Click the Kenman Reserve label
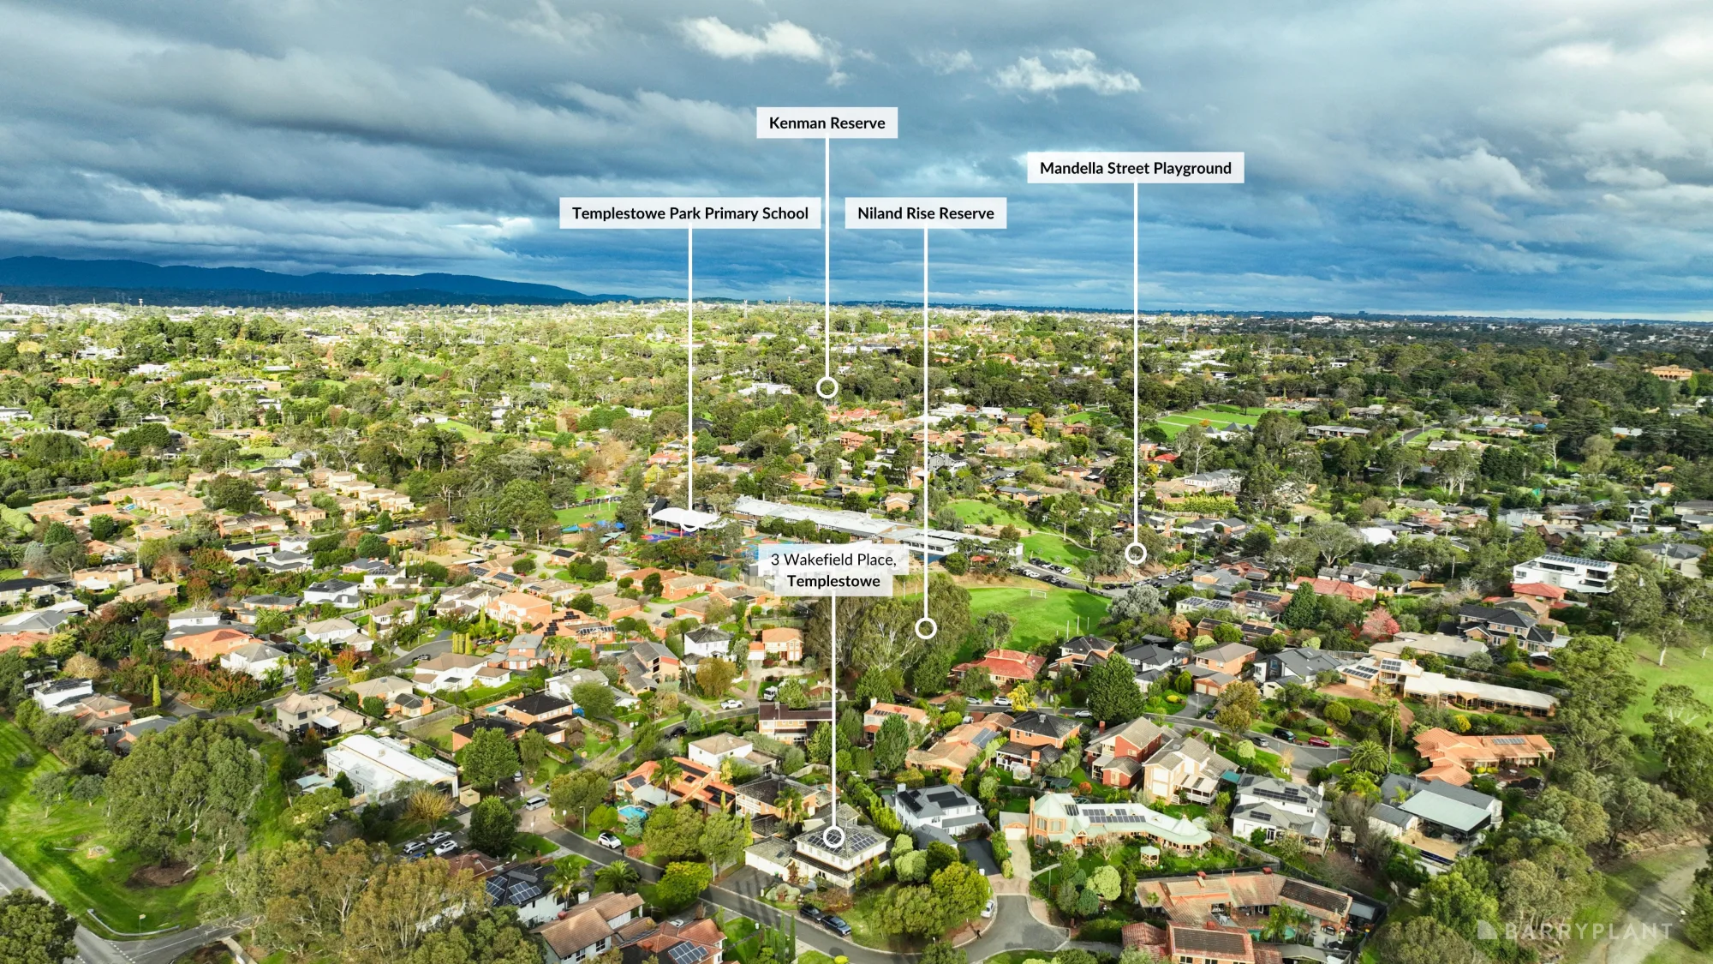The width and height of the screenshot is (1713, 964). click(x=827, y=123)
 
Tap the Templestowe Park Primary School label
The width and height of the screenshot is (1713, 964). click(x=690, y=213)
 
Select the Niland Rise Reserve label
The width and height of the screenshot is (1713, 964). click(x=926, y=213)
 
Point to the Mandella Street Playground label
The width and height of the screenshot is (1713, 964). click(x=1136, y=168)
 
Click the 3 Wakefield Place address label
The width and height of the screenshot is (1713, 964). click(x=833, y=570)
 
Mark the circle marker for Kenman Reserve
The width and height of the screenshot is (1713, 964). click(x=827, y=388)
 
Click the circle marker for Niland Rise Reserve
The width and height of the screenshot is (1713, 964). click(x=926, y=629)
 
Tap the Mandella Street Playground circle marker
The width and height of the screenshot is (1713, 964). click(x=1136, y=554)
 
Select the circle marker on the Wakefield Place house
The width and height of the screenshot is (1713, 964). click(x=833, y=837)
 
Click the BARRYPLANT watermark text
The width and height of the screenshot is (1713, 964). click(x=1587, y=931)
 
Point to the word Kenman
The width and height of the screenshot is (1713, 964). click(x=797, y=123)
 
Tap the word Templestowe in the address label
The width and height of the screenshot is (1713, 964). click(x=833, y=581)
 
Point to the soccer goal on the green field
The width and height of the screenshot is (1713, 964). click(x=1037, y=592)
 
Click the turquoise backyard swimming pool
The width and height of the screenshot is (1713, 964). click(x=632, y=811)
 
